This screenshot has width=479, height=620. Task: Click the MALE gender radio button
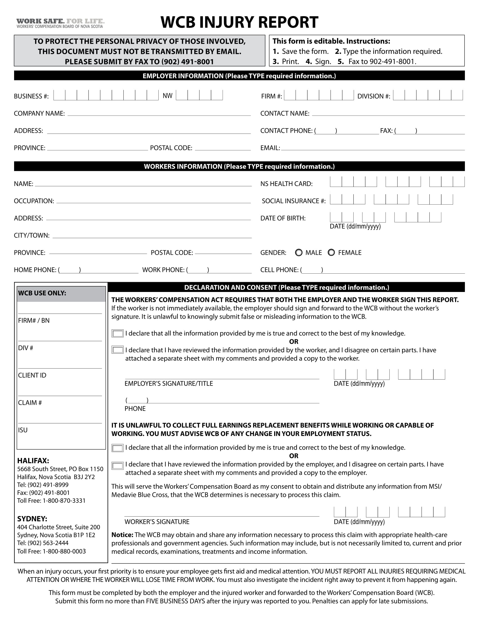298,253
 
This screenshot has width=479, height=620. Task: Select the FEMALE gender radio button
331,253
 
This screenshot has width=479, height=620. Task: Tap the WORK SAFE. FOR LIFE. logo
60,23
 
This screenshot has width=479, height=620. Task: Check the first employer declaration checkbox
117,333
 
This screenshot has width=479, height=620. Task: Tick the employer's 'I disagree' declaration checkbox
117,350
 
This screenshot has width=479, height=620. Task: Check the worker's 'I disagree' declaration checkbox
117,466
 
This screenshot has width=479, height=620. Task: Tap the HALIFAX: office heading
33,460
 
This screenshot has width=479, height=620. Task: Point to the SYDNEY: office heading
32,519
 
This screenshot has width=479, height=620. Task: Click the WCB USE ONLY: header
42,293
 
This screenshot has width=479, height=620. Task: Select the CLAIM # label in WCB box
30,402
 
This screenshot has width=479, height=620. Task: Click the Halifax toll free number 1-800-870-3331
64,501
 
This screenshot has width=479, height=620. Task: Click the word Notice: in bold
122,535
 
